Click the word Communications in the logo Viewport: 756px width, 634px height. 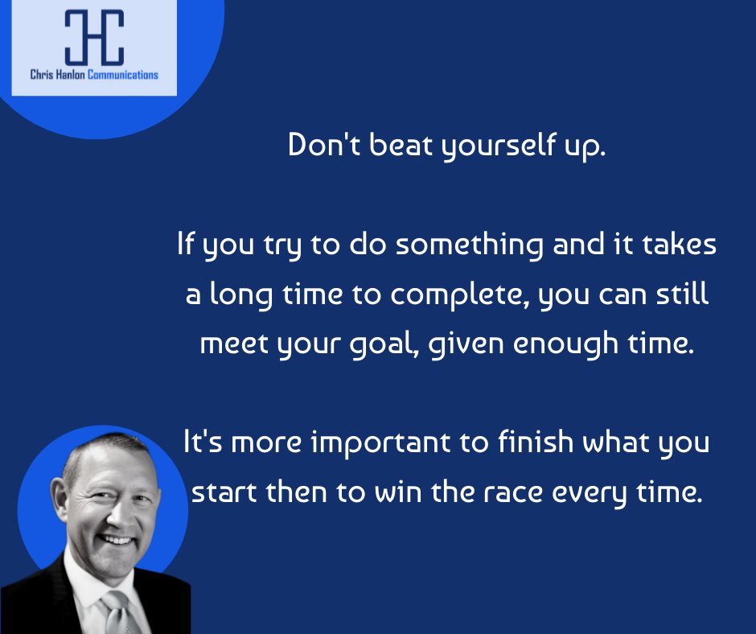[123, 75]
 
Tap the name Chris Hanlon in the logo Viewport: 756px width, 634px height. [59, 75]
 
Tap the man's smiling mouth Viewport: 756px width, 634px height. [117, 541]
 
